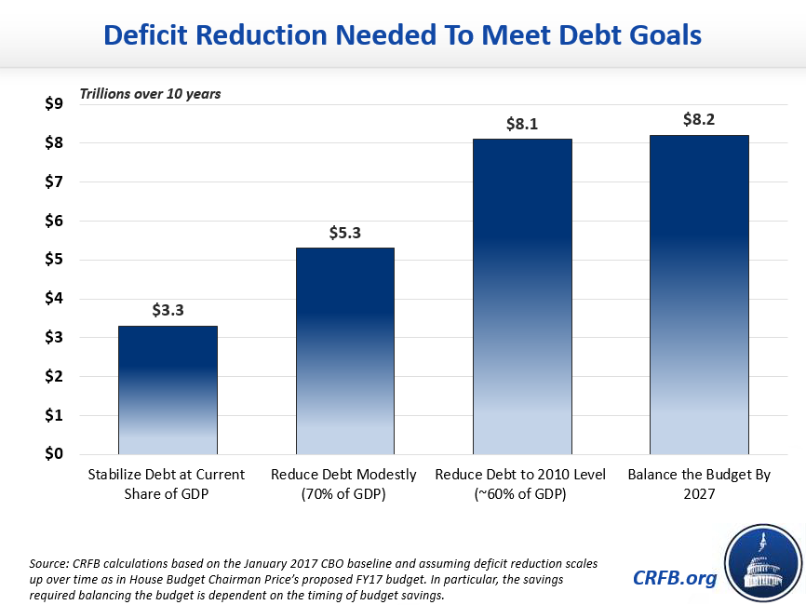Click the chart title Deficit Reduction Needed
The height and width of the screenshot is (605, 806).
pos(402,35)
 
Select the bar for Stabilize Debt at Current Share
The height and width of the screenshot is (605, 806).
pos(168,390)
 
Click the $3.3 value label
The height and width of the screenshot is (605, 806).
pos(168,311)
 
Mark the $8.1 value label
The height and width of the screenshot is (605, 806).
pos(522,124)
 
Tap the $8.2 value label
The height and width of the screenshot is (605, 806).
pos(699,120)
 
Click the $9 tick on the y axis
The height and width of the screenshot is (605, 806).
pos(53,104)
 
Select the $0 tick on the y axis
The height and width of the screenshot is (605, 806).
pos(53,454)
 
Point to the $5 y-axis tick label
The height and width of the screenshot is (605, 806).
pos(53,260)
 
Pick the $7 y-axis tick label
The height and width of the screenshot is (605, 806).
pos(53,181)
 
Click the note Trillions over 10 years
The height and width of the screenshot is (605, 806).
pos(149,94)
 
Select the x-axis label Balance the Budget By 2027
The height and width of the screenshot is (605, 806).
pos(699,484)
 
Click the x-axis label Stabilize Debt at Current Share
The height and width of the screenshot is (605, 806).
pos(168,484)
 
